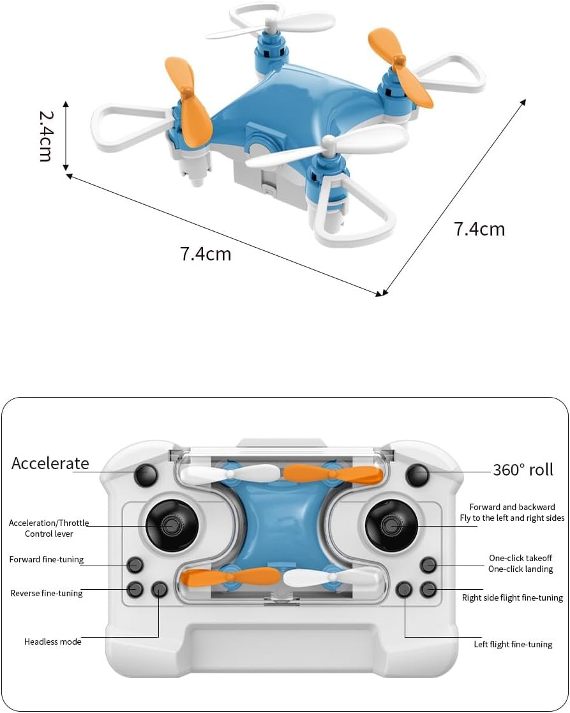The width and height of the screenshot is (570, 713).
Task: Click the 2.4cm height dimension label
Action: coord(45,136)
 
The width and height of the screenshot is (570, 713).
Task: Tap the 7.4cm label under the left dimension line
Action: coord(205,254)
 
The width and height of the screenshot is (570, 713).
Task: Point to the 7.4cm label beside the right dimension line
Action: coord(479,229)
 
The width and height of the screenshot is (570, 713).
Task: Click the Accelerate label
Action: coord(50,463)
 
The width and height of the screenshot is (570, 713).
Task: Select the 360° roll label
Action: coord(523,470)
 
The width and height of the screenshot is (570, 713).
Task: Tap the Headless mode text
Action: coord(53,642)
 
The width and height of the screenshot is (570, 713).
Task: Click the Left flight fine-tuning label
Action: coord(513,644)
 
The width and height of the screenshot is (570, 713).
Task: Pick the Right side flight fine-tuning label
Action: coord(512,598)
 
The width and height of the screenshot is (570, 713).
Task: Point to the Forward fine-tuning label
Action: coord(47,560)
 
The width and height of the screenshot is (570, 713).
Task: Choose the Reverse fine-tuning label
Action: coord(47,594)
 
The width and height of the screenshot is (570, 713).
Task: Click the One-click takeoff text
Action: coord(520,558)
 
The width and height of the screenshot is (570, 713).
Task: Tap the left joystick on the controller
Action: coord(172,525)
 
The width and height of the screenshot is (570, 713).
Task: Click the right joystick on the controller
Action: coord(391,525)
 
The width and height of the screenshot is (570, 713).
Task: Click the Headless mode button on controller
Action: coord(160,589)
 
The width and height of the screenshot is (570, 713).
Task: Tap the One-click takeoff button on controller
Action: coord(428,564)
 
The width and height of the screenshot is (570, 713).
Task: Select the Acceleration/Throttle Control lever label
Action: coord(49,529)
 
